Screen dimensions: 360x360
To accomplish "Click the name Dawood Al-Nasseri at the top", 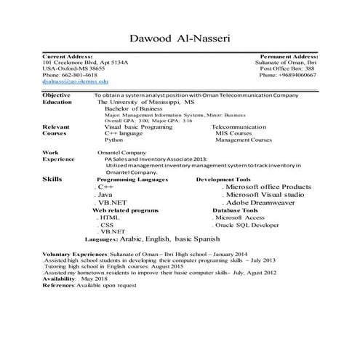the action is (180, 37).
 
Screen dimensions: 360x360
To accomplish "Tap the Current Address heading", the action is (68, 56).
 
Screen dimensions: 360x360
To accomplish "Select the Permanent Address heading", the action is (288, 56).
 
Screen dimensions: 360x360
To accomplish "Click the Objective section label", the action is (57, 95).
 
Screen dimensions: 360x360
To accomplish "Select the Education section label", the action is (58, 103).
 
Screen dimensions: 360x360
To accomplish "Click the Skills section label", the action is (52, 177).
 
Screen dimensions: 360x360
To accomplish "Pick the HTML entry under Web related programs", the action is (108, 217).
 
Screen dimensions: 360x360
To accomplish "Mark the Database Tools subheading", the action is (235, 209).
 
